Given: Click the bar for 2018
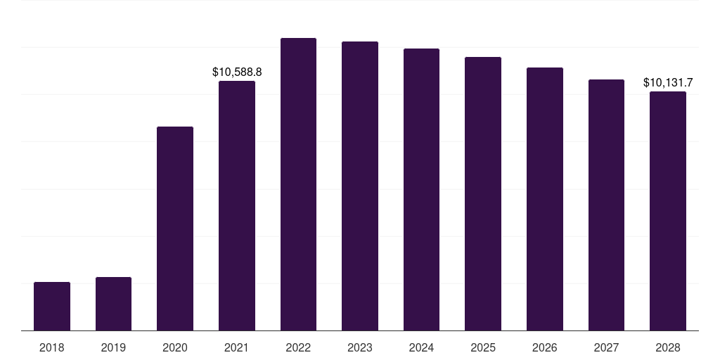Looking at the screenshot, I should tap(52, 307).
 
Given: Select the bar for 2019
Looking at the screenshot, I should tap(113, 304).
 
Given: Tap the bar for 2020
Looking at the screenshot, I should tap(175, 229).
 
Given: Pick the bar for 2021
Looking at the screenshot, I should tap(237, 205).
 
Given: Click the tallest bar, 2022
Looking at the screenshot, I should tap(298, 184).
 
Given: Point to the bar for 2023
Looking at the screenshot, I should tap(360, 186).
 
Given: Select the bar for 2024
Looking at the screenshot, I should tap(421, 190).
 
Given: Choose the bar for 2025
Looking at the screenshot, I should tap(483, 194).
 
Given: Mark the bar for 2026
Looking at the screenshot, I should tap(545, 199).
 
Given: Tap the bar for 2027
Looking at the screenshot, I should tap(606, 205).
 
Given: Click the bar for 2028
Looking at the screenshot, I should tap(668, 211).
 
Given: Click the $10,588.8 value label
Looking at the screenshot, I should tap(237, 72).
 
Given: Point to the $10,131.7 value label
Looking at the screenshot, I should tap(668, 83).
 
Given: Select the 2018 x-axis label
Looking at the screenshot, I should tap(52, 347).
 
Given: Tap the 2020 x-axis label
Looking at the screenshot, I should tap(175, 347).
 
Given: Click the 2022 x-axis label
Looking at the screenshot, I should tap(298, 347).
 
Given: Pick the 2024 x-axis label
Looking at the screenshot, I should tap(421, 347).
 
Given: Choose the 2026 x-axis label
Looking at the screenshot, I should tap(545, 347).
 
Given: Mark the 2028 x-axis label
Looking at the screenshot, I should tap(668, 347).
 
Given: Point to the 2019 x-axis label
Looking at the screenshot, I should tap(113, 347).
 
